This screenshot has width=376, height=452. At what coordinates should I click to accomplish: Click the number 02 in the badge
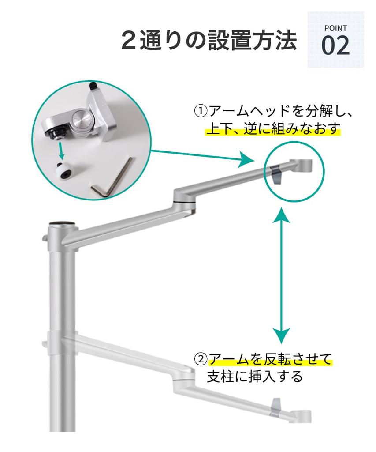point(335,45)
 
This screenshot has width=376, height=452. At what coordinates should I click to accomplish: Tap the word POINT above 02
point(335,28)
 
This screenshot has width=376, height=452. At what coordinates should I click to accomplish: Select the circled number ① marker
point(201,110)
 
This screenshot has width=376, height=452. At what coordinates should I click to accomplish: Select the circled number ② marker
point(201,359)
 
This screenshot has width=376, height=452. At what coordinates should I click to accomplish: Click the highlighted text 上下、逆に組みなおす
point(273,129)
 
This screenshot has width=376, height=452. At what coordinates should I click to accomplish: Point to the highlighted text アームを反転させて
point(270,359)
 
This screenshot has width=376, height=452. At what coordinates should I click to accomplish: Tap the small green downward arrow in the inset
point(61,150)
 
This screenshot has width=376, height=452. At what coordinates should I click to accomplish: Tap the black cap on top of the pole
point(60,223)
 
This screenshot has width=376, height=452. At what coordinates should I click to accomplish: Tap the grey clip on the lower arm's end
point(276,405)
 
